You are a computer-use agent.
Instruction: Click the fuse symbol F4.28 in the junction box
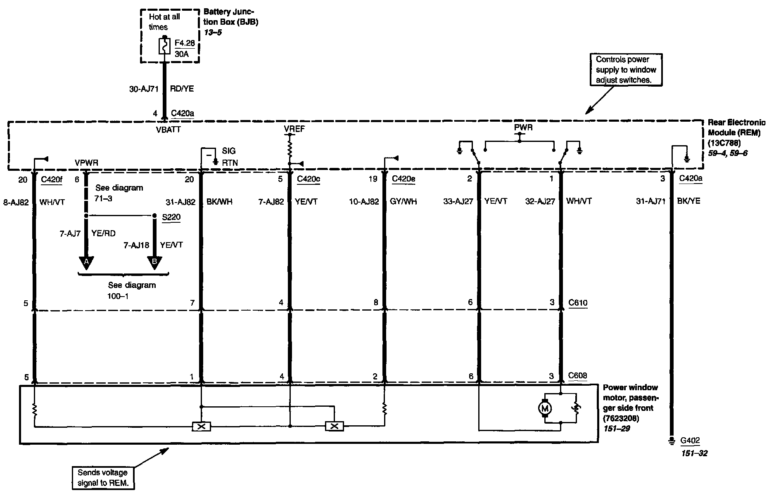click(x=164, y=45)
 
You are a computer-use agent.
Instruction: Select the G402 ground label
click(x=690, y=440)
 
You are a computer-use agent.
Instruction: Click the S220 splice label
click(x=171, y=217)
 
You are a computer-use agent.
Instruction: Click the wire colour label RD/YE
click(x=182, y=89)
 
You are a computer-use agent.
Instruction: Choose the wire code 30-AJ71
click(x=144, y=89)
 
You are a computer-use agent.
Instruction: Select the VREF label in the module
click(x=294, y=129)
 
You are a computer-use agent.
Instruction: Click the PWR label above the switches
click(x=523, y=128)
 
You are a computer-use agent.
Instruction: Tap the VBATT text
click(x=168, y=130)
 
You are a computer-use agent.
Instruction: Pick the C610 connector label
click(x=578, y=303)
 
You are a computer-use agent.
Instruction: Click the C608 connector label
click(x=578, y=376)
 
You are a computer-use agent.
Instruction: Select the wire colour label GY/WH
click(x=403, y=201)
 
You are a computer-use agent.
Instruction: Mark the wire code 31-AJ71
click(x=650, y=201)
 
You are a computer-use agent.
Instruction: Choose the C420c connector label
click(x=308, y=179)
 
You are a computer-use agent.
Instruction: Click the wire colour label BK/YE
click(x=688, y=201)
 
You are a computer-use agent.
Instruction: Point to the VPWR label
click(x=86, y=163)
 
